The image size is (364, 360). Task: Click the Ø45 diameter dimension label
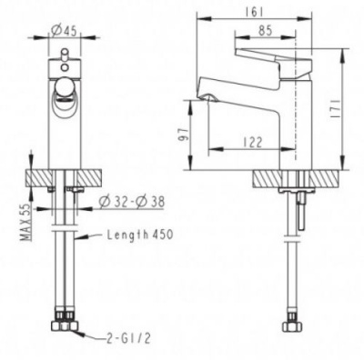[64, 31]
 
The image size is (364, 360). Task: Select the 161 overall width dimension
[254, 13]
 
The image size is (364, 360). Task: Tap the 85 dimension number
[266, 31]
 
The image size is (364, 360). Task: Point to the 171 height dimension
[336, 109]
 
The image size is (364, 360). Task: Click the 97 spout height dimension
[184, 134]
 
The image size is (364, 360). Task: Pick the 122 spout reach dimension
[252, 142]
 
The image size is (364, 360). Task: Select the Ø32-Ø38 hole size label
[132, 201]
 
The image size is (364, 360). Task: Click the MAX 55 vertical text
[25, 222]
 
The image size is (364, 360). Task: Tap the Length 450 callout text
[140, 235]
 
